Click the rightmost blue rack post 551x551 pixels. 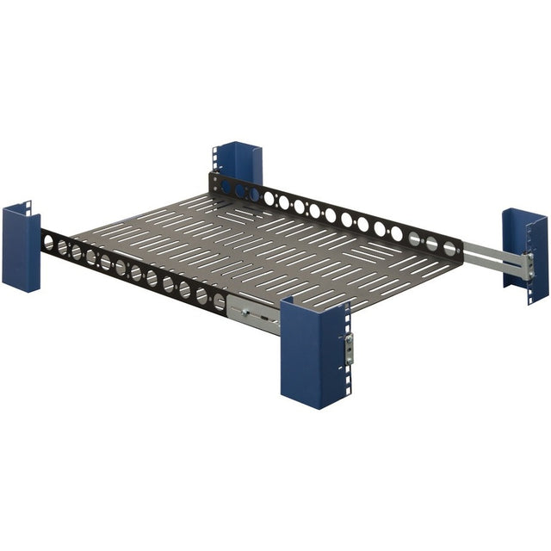point(526,254)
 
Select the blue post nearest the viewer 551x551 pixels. point(313,353)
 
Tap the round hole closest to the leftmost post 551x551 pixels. point(48,245)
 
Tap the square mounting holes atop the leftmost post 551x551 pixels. point(28,209)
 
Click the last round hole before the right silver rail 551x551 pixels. point(449,248)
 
